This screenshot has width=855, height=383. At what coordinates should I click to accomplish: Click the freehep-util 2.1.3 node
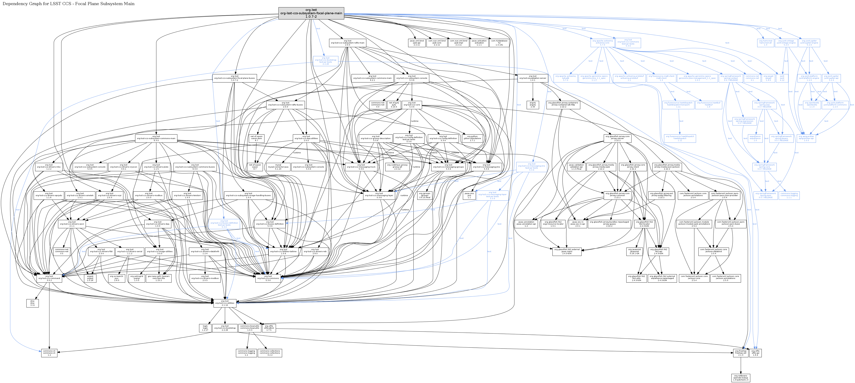741,353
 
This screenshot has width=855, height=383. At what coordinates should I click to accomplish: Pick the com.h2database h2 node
499,43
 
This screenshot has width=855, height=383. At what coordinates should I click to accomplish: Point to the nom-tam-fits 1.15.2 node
159,278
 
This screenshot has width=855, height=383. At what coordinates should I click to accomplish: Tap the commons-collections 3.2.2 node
270,353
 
